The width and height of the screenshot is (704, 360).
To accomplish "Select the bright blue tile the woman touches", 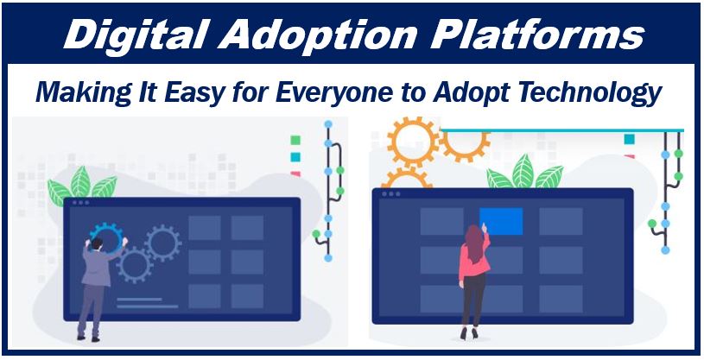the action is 501,221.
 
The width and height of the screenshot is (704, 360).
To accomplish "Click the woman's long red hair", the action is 474,243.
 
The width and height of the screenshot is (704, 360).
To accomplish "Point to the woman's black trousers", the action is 473,300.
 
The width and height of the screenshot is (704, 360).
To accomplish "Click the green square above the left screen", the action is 295,140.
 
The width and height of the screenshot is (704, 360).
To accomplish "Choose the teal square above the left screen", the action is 295,156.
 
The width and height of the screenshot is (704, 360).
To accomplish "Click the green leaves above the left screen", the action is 82,186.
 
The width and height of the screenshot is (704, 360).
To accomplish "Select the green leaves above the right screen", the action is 524,173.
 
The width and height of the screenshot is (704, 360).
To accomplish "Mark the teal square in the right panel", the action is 630,139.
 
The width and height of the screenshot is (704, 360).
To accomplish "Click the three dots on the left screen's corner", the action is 81,203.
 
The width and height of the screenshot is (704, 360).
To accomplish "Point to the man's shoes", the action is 88,338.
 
